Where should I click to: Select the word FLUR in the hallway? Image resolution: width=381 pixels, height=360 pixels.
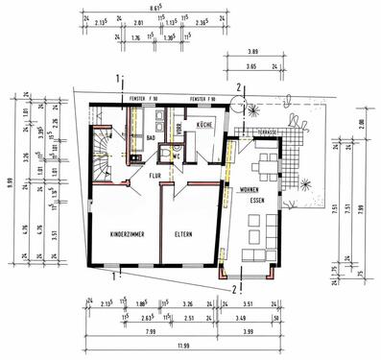(155, 176)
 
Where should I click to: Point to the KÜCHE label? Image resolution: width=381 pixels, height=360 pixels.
(204, 126)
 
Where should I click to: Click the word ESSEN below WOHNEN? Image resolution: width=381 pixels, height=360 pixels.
(252, 203)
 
